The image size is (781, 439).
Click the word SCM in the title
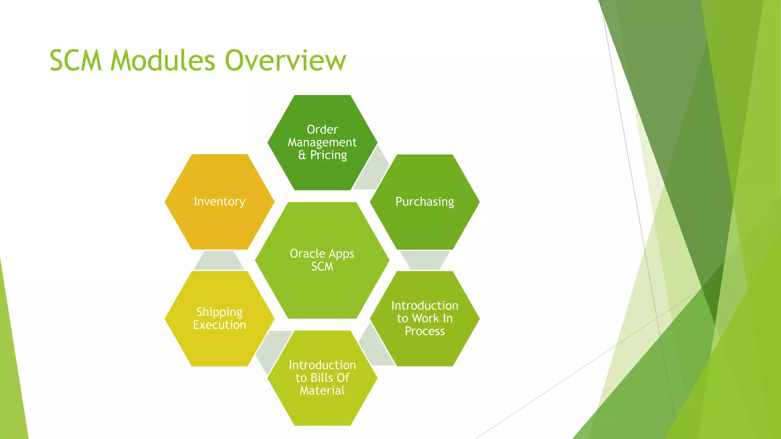pos(76,61)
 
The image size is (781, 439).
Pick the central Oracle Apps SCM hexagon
pos(322,282)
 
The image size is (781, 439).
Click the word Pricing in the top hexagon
pos(328,155)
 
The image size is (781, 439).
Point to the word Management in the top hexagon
pos(322,142)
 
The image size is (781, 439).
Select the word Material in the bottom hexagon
pos(322,391)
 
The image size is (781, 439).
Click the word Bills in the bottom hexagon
pos(321,378)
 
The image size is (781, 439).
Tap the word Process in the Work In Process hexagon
pos(425,331)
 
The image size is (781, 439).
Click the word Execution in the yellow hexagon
pos(219,325)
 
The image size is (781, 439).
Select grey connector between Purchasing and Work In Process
pos(424,260)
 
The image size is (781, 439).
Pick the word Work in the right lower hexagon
pos(426,318)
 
